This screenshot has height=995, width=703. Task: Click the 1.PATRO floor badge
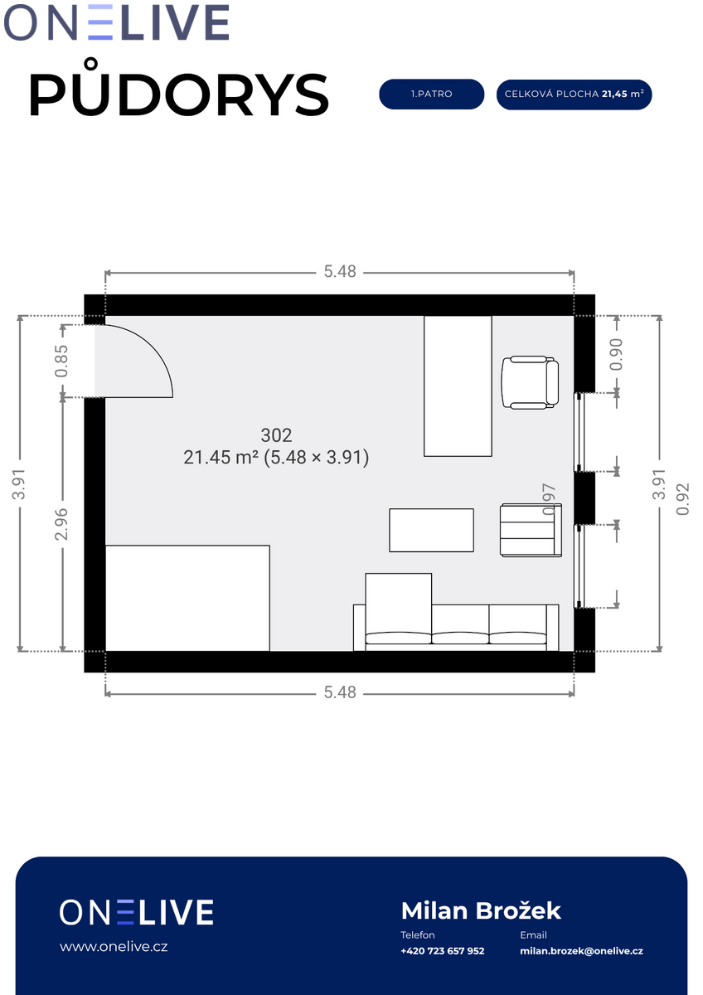tap(431, 95)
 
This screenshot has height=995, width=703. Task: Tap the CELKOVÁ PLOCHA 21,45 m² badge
tap(574, 95)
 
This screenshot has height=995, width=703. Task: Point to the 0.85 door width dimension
tap(61, 361)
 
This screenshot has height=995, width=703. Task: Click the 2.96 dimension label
tap(61, 524)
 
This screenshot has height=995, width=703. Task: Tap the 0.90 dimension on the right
tap(617, 355)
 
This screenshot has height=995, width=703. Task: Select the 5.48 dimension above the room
tap(340, 271)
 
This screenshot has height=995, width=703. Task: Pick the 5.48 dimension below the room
tap(340, 692)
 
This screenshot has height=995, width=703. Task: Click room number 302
tap(276, 435)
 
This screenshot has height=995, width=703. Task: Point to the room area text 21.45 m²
tap(221, 457)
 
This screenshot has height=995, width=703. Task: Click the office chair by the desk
tap(530, 382)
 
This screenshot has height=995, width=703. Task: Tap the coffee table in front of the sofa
tap(431, 530)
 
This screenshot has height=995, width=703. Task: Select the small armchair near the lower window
tap(531, 530)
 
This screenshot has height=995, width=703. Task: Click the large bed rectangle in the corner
tap(187, 598)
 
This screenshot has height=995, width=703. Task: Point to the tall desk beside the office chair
tap(458, 386)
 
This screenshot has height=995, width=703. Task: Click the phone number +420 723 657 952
tap(443, 951)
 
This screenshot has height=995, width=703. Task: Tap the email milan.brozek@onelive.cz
tap(581, 951)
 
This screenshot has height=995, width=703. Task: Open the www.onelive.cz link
tap(114, 947)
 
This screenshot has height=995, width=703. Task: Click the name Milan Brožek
tap(481, 911)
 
